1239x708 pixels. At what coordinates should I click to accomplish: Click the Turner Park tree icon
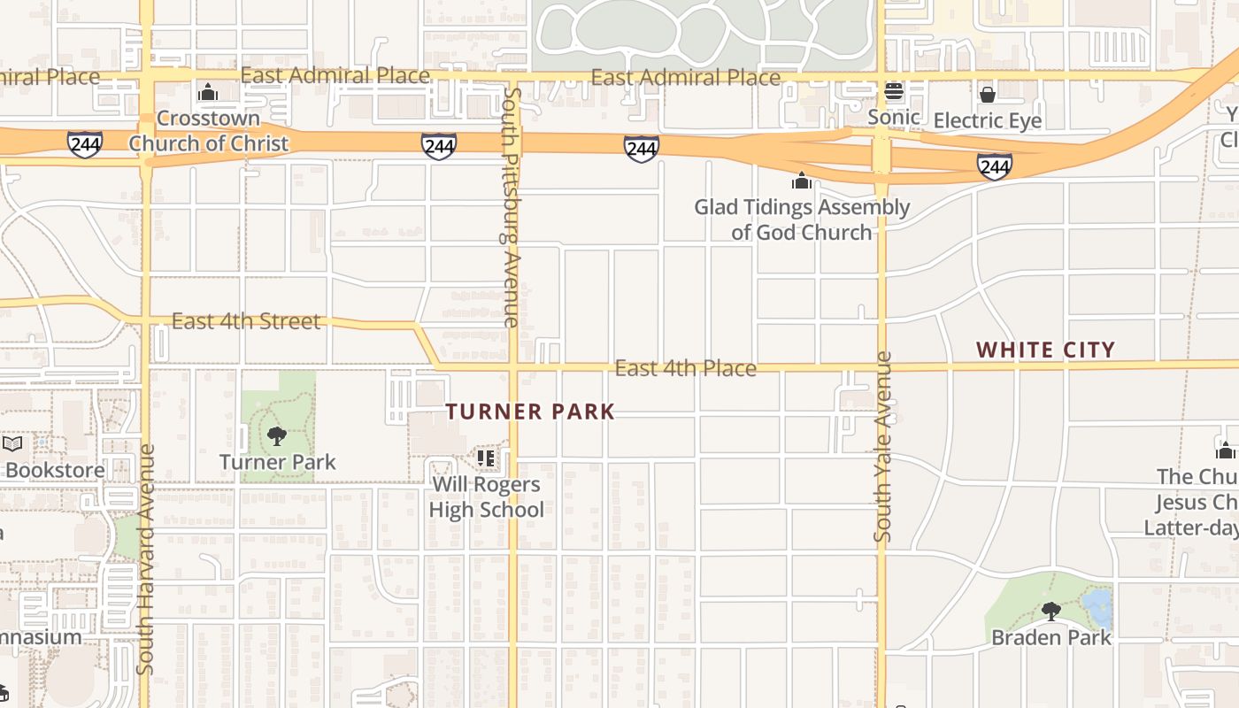pyautogui.click(x=277, y=435)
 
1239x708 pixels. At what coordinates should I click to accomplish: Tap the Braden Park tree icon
pyautogui.click(x=1050, y=611)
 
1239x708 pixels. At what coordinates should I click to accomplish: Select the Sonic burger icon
pyautogui.click(x=893, y=91)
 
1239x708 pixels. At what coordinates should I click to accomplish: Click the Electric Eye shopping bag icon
pyautogui.click(x=988, y=94)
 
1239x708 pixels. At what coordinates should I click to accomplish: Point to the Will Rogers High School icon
pyautogui.click(x=486, y=458)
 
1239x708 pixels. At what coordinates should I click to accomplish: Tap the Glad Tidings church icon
pyautogui.click(x=802, y=181)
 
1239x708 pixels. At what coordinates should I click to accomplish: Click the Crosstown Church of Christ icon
pyautogui.click(x=208, y=92)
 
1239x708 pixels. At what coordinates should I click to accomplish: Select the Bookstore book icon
pyautogui.click(x=12, y=443)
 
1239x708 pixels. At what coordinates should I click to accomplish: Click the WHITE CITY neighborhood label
pyautogui.click(x=1045, y=350)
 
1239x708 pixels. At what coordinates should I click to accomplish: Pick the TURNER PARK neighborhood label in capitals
pyautogui.click(x=530, y=412)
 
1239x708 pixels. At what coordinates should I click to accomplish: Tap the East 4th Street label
pyautogui.click(x=246, y=320)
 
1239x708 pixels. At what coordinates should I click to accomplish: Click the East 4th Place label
pyautogui.click(x=686, y=368)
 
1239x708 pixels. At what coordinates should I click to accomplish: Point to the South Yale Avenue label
pyautogui.click(x=882, y=447)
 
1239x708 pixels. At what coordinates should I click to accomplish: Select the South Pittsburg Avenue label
pyautogui.click(x=511, y=207)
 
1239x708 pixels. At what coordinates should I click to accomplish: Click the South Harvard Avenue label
pyautogui.click(x=147, y=559)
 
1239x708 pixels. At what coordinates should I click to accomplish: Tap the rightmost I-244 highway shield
pyautogui.click(x=995, y=165)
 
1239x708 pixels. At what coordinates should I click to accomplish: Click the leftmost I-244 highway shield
pyautogui.click(x=85, y=143)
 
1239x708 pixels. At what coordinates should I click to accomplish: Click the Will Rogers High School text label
pyautogui.click(x=486, y=497)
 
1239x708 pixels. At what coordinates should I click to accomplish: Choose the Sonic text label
pyautogui.click(x=893, y=117)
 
